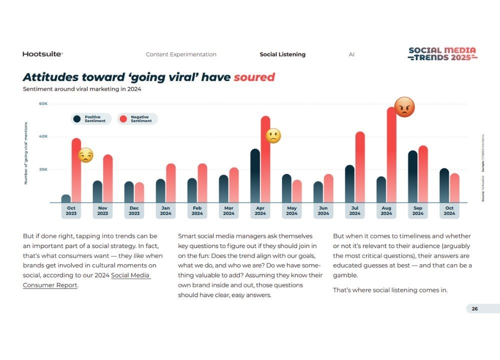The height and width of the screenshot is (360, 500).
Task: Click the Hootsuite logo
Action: pos(42,54)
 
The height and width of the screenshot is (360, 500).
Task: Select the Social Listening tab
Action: pos(282,54)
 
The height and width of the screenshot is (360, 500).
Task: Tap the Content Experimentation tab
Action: pos(181,54)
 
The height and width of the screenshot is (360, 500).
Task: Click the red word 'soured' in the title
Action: pos(254,77)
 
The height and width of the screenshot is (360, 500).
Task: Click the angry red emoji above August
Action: pos(404,107)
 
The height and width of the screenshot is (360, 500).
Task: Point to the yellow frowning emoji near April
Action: pos(273,136)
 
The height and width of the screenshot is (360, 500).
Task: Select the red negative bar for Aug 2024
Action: pos(391,155)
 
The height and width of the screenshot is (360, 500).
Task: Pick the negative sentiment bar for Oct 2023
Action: pos(76,170)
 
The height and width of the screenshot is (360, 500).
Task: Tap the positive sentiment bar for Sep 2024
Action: pos(412,176)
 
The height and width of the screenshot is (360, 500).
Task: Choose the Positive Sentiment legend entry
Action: pos(90,119)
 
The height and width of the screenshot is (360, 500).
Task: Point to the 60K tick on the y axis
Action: pos(43,104)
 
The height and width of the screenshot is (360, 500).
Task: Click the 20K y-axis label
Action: pos(43,169)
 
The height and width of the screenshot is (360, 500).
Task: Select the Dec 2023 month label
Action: pos(134,211)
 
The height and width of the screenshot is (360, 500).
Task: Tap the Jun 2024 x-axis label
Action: pos(323,211)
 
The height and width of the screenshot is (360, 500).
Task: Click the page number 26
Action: pos(474,308)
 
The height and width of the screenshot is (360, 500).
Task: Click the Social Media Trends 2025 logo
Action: pos(442,54)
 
